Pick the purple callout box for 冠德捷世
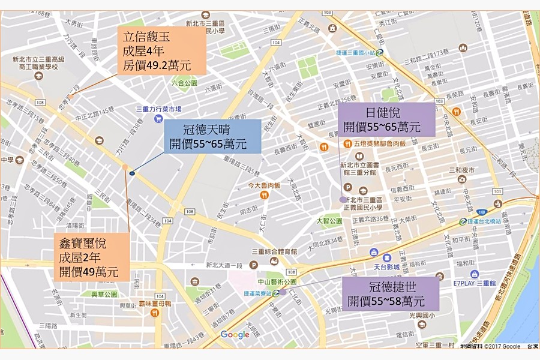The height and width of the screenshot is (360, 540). [x=390, y=293]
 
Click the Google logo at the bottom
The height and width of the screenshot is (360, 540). [x=235, y=335]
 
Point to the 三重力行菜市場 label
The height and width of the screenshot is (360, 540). [x=158, y=109]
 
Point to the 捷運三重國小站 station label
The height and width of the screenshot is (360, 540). [x=352, y=52]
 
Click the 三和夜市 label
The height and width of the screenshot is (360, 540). [x=461, y=170]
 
